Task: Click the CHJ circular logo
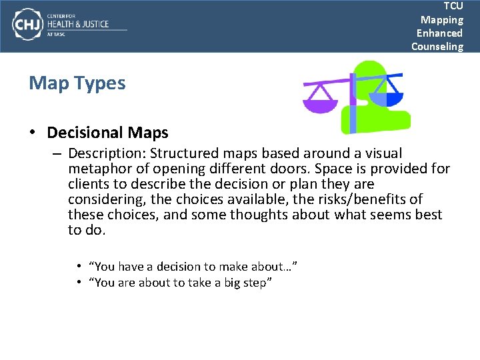tap(27, 25)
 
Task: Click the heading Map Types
tap(77, 83)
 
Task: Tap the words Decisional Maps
tap(107, 133)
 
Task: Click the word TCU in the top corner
tap(453, 6)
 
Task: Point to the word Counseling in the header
tap(437, 46)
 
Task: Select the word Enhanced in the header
tap(439, 33)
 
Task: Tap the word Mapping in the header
tap(441, 19)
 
